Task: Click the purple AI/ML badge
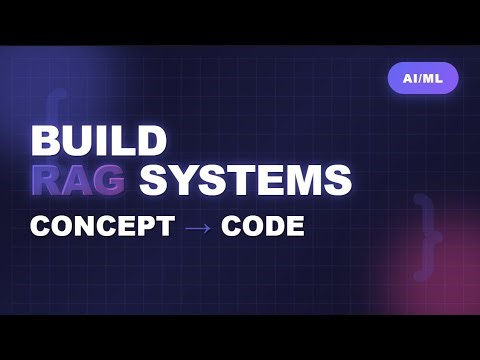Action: (422, 77)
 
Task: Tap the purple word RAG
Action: (79, 181)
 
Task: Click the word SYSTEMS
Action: (245, 181)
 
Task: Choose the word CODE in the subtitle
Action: (262, 226)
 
